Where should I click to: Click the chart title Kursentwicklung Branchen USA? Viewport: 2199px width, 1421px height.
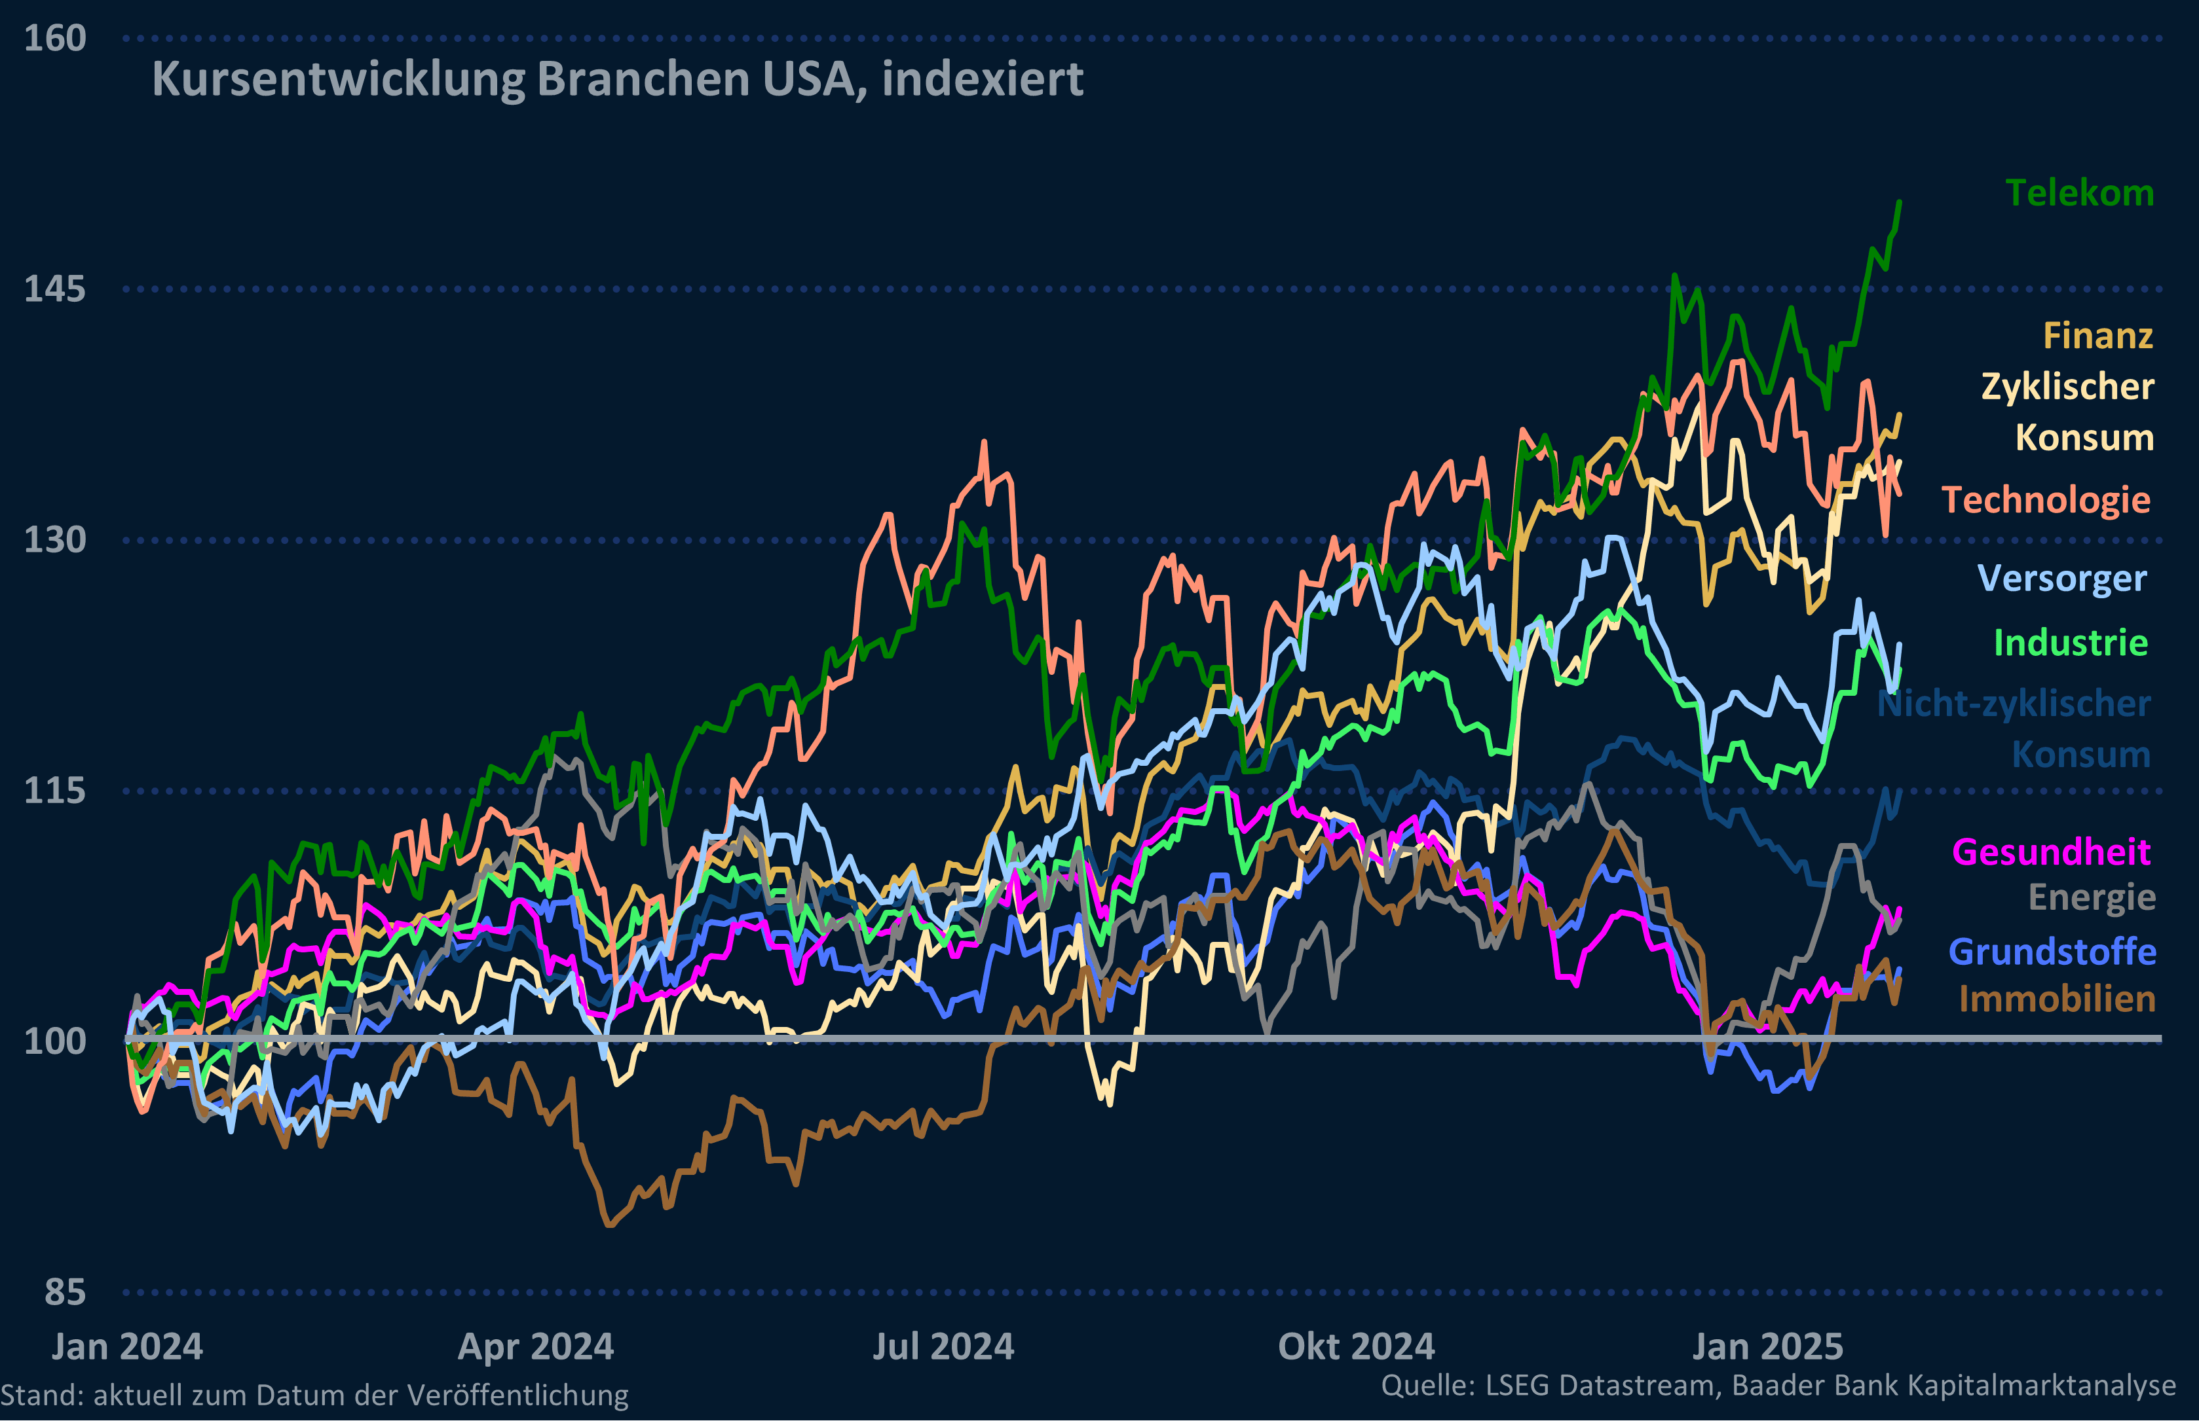point(616,79)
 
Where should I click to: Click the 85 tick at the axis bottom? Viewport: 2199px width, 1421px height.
point(65,1293)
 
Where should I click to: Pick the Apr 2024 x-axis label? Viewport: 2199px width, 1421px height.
point(535,1347)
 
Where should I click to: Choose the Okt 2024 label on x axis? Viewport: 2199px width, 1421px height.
point(1356,1347)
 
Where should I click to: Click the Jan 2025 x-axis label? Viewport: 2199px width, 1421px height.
point(1767,1347)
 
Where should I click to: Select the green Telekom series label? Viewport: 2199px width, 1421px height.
point(2079,194)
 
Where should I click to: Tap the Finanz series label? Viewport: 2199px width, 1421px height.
point(2097,336)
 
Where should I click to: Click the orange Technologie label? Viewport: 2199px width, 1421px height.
point(2046,500)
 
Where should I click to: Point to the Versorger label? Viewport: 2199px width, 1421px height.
point(2061,579)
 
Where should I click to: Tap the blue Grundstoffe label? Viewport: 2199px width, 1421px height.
point(2052,951)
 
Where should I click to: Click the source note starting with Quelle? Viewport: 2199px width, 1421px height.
point(1778,1385)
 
